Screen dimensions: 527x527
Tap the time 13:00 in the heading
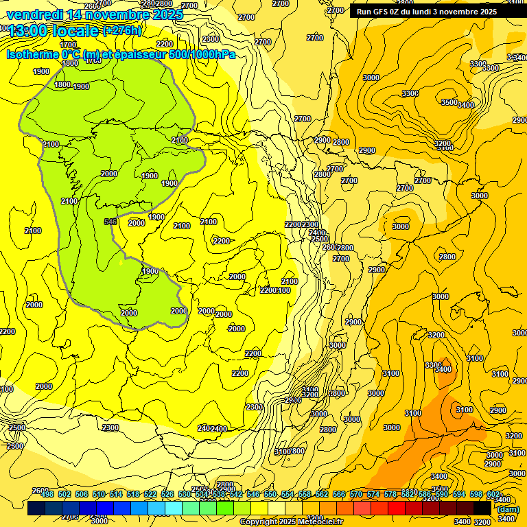(x=30, y=31)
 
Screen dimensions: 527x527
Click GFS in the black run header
(x=382, y=12)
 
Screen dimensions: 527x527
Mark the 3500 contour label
(x=449, y=102)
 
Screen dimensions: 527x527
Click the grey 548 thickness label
(x=110, y=222)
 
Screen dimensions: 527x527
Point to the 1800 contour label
(x=62, y=84)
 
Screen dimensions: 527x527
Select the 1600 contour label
(x=70, y=62)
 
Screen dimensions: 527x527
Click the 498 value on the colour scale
(x=47, y=494)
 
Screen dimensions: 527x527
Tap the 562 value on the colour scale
(x=322, y=494)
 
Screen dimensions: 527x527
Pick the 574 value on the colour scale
(x=373, y=494)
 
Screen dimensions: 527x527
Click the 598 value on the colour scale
(x=476, y=494)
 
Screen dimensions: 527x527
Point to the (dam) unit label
(x=508, y=509)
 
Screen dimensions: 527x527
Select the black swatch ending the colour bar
(x=482, y=508)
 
